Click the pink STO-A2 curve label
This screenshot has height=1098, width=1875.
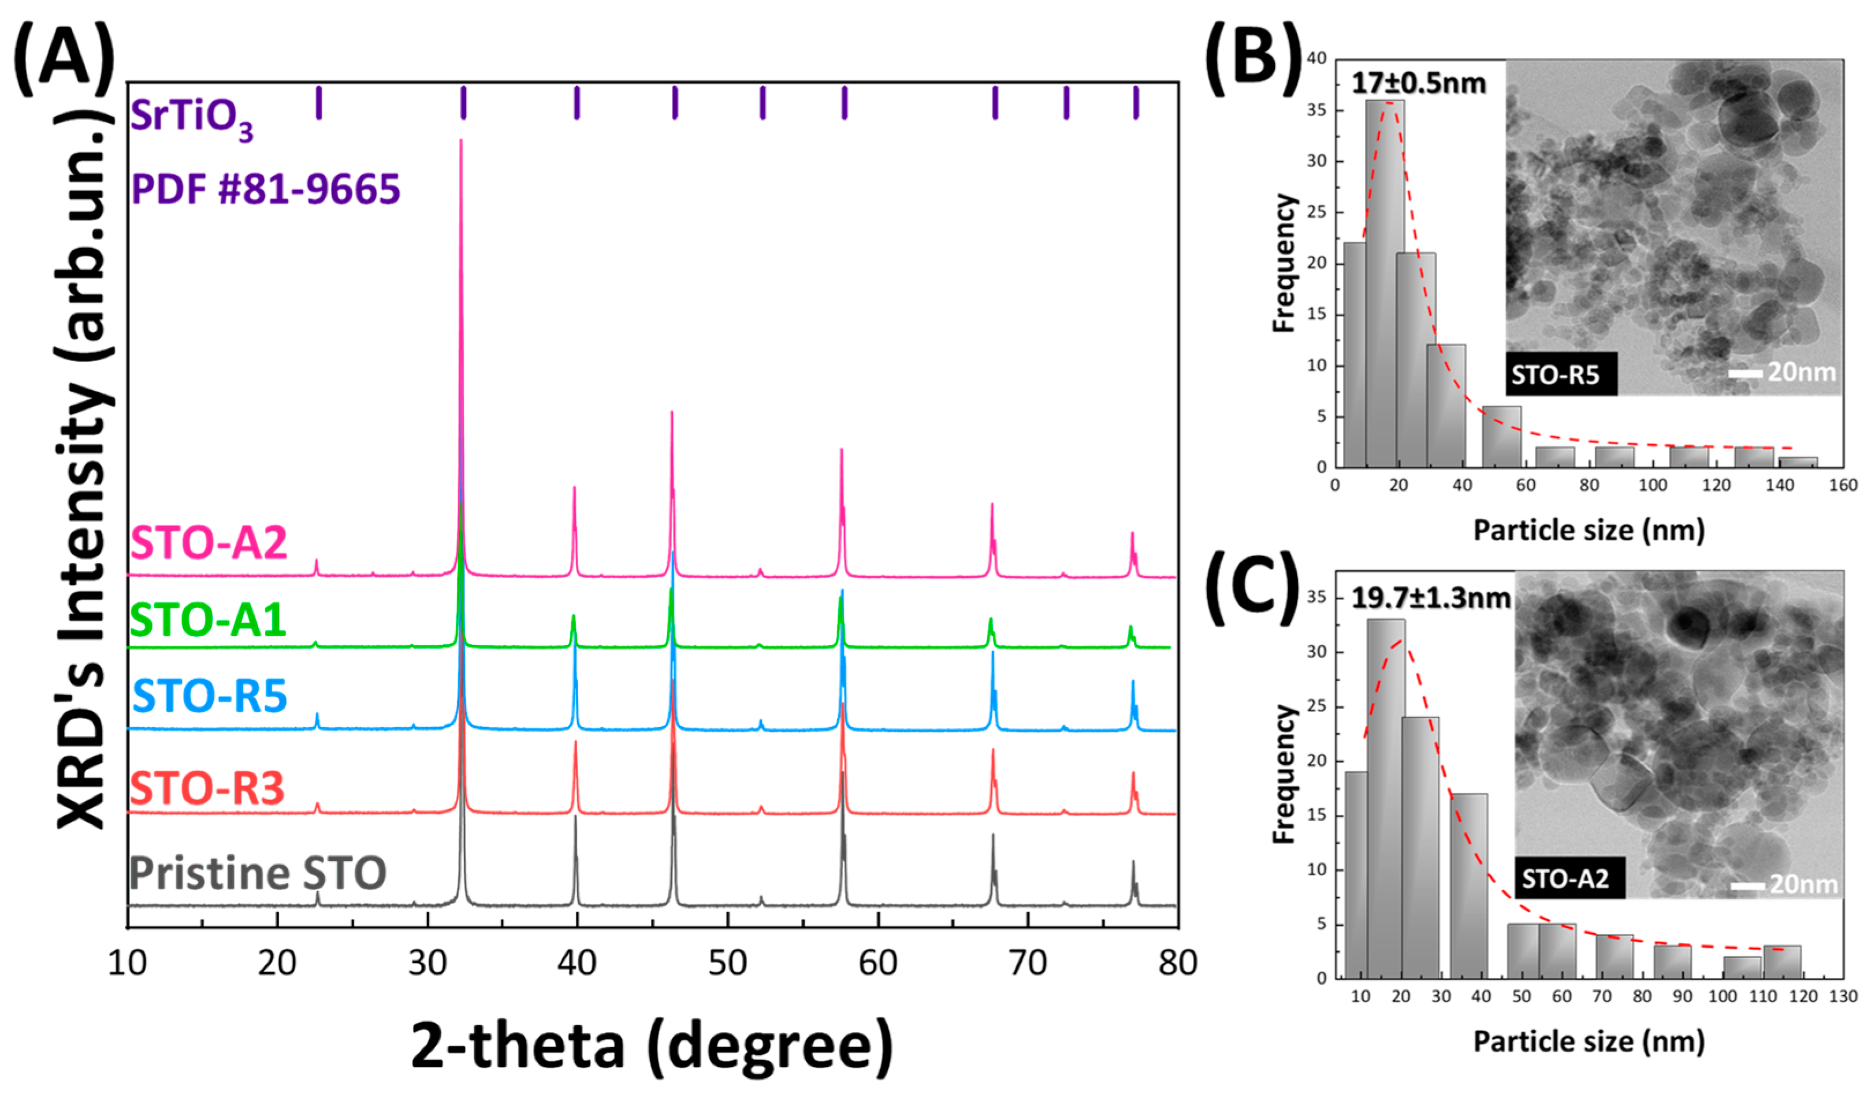pos(209,543)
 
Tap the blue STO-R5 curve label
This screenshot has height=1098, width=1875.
pos(209,697)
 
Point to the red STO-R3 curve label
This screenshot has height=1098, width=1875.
pos(207,788)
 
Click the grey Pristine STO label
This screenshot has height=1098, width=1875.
pos(258,873)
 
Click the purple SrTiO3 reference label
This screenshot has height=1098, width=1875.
pos(191,119)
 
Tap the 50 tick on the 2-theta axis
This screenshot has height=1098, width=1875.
pos(727,963)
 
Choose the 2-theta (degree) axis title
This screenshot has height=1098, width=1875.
pos(652,1045)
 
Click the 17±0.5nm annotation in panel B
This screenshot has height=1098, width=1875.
pos(1418,83)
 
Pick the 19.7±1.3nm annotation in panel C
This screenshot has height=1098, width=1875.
pos(1430,598)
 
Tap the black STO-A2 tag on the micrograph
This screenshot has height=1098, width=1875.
pos(1569,879)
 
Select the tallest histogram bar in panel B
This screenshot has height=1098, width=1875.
pos(1385,282)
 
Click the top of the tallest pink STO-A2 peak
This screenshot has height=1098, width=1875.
pos(460,142)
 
